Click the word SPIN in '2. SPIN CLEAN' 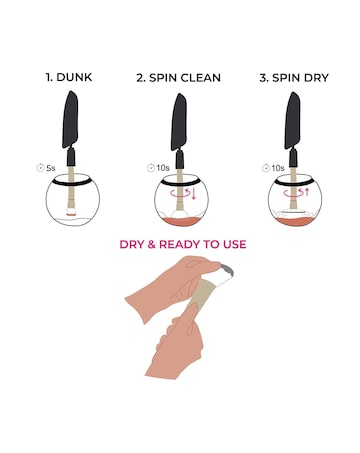(168, 77)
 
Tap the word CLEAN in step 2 (203, 77)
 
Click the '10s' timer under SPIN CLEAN (162, 168)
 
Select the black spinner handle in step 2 (180, 120)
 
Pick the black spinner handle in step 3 (293, 120)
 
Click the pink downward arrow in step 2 (194, 195)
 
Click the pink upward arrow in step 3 (307, 192)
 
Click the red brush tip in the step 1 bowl (69, 213)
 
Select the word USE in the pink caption (232, 244)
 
